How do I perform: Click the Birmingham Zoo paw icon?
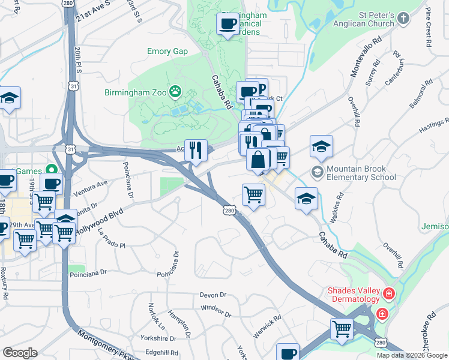[175, 92]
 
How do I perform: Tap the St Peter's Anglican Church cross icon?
[403, 19]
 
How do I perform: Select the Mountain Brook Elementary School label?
[361, 173]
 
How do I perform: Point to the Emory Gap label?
[167, 52]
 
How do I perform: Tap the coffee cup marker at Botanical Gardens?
[228, 25]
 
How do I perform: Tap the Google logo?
[20, 353]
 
